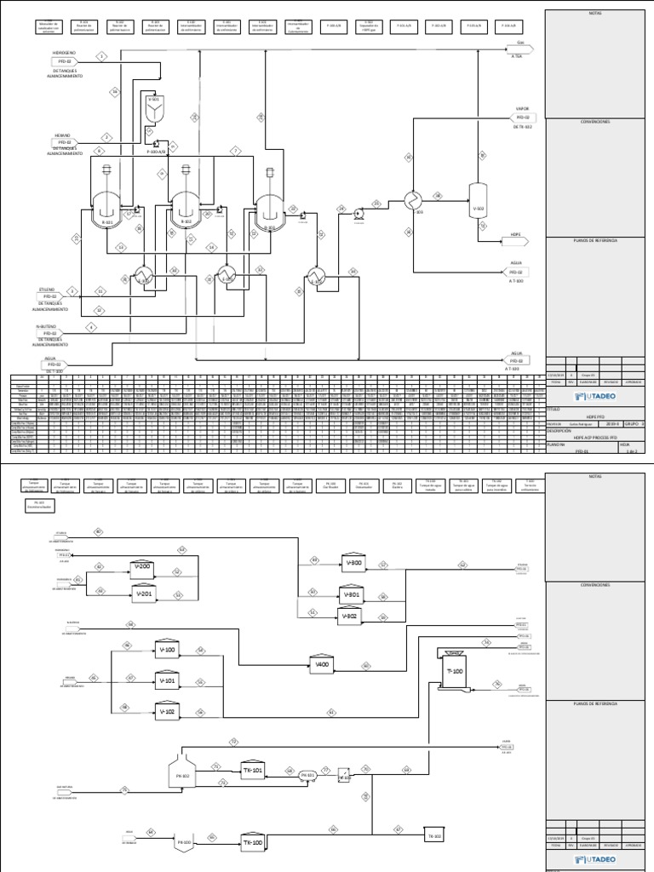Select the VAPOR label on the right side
(x=522, y=109)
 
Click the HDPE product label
(x=516, y=233)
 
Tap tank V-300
(x=353, y=562)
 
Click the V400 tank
(x=322, y=664)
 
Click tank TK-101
(x=253, y=770)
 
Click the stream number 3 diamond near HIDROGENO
(x=101, y=56)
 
